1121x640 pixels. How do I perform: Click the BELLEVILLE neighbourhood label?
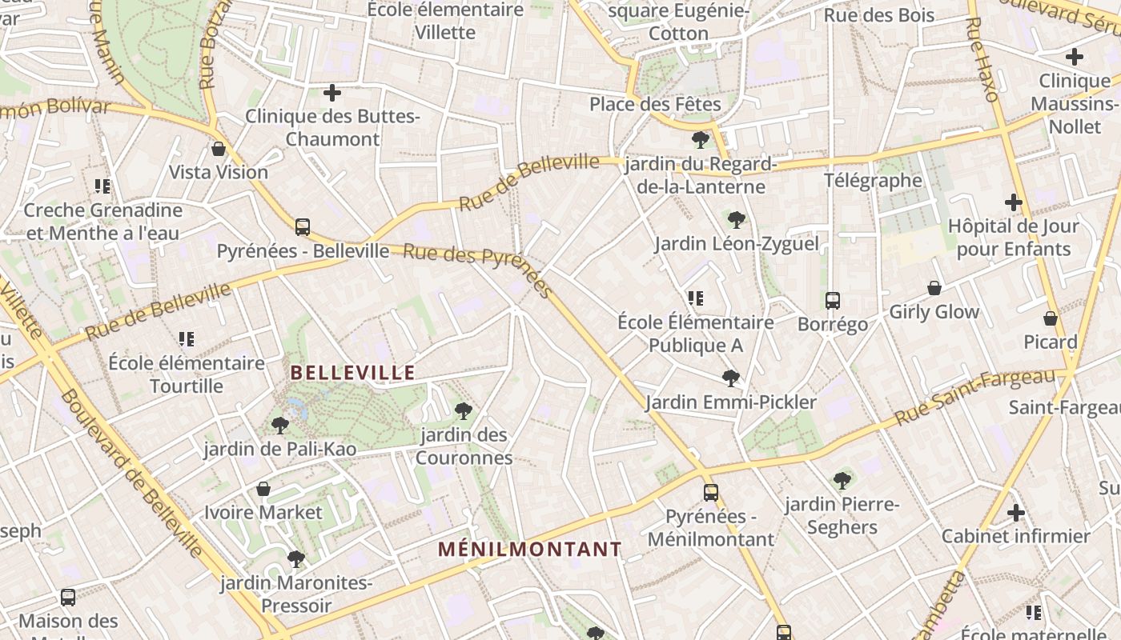(x=353, y=373)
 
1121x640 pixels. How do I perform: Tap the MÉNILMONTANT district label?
(x=530, y=550)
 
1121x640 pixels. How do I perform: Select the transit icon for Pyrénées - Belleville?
(x=303, y=227)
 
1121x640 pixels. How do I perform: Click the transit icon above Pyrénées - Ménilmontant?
(x=711, y=493)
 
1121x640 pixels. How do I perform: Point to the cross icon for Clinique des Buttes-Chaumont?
(x=332, y=94)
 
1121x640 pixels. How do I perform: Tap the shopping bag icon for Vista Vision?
(x=219, y=149)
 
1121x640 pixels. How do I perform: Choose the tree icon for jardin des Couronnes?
(x=463, y=411)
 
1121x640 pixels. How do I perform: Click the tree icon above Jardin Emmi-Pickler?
(x=730, y=378)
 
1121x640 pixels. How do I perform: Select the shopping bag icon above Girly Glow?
(x=934, y=288)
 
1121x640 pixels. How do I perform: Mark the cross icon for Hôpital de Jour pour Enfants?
(x=1014, y=202)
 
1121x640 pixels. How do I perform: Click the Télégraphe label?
(x=874, y=181)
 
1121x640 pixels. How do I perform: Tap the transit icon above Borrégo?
(x=833, y=301)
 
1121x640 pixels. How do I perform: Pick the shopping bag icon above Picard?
(x=1051, y=318)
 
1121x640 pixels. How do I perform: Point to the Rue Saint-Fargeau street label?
(x=976, y=397)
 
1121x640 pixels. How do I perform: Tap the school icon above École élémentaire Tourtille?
(x=187, y=339)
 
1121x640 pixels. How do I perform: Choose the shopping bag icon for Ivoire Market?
(x=263, y=489)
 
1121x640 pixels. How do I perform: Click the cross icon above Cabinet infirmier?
(x=1016, y=513)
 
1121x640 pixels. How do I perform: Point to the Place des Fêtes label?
(x=655, y=104)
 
